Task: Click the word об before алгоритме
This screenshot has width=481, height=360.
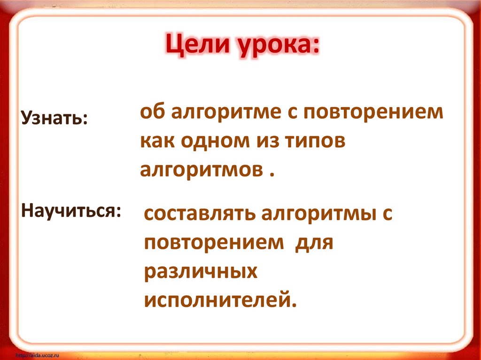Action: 151,114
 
